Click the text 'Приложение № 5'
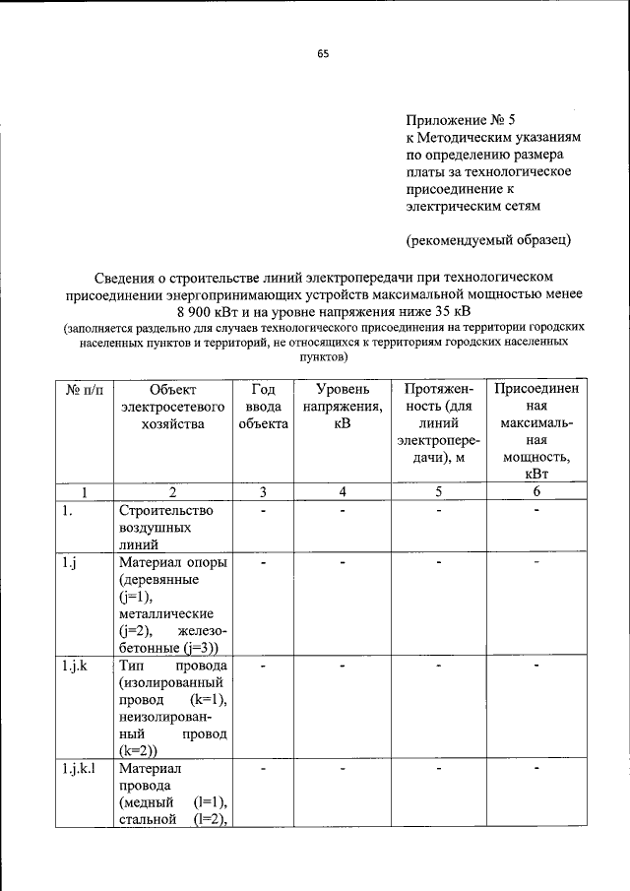pyautogui.click(x=462, y=118)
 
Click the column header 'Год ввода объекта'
pyautogui.click(x=263, y=406)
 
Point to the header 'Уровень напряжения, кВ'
pyautogui.click(x=342, y=406)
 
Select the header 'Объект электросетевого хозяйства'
pyautogui.click(x=172, y=406)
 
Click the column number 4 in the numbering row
pyautogui.click(x=342, y=491)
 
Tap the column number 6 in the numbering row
pyautogui.click(x=536, y=491)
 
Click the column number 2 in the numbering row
pyautogui.click(x=172, y=491)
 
